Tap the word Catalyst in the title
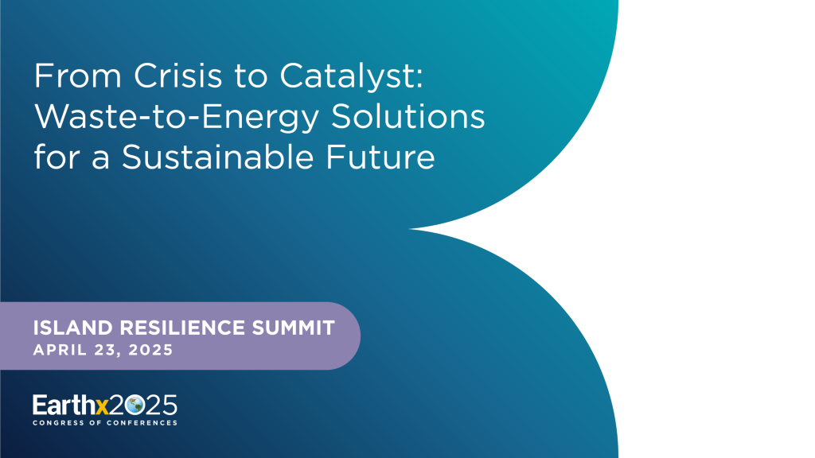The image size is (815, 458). pos(341,77)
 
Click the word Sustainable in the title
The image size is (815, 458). pos(235,157)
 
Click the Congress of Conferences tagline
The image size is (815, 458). pos(105,423)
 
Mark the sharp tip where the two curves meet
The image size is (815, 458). pos(419,229)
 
